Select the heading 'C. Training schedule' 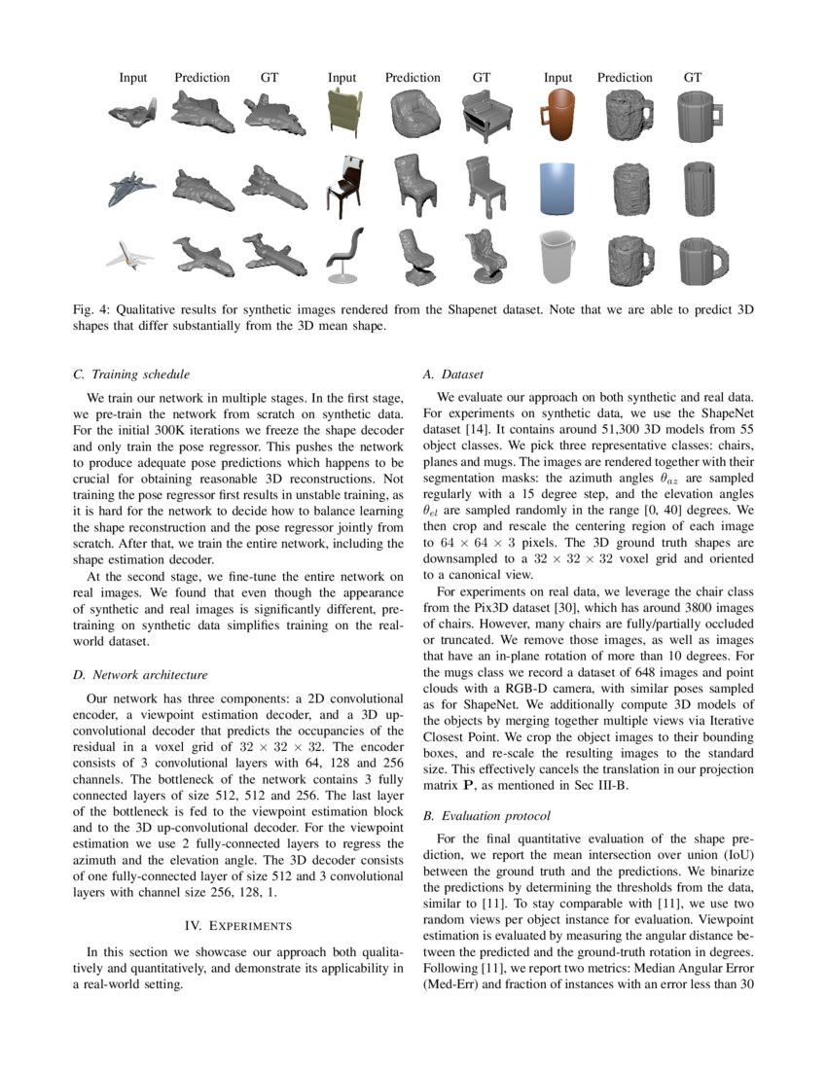click(131, 374)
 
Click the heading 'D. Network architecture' click(140, 674)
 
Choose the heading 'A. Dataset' click(455, 374)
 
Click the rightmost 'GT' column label click(693, 78)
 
